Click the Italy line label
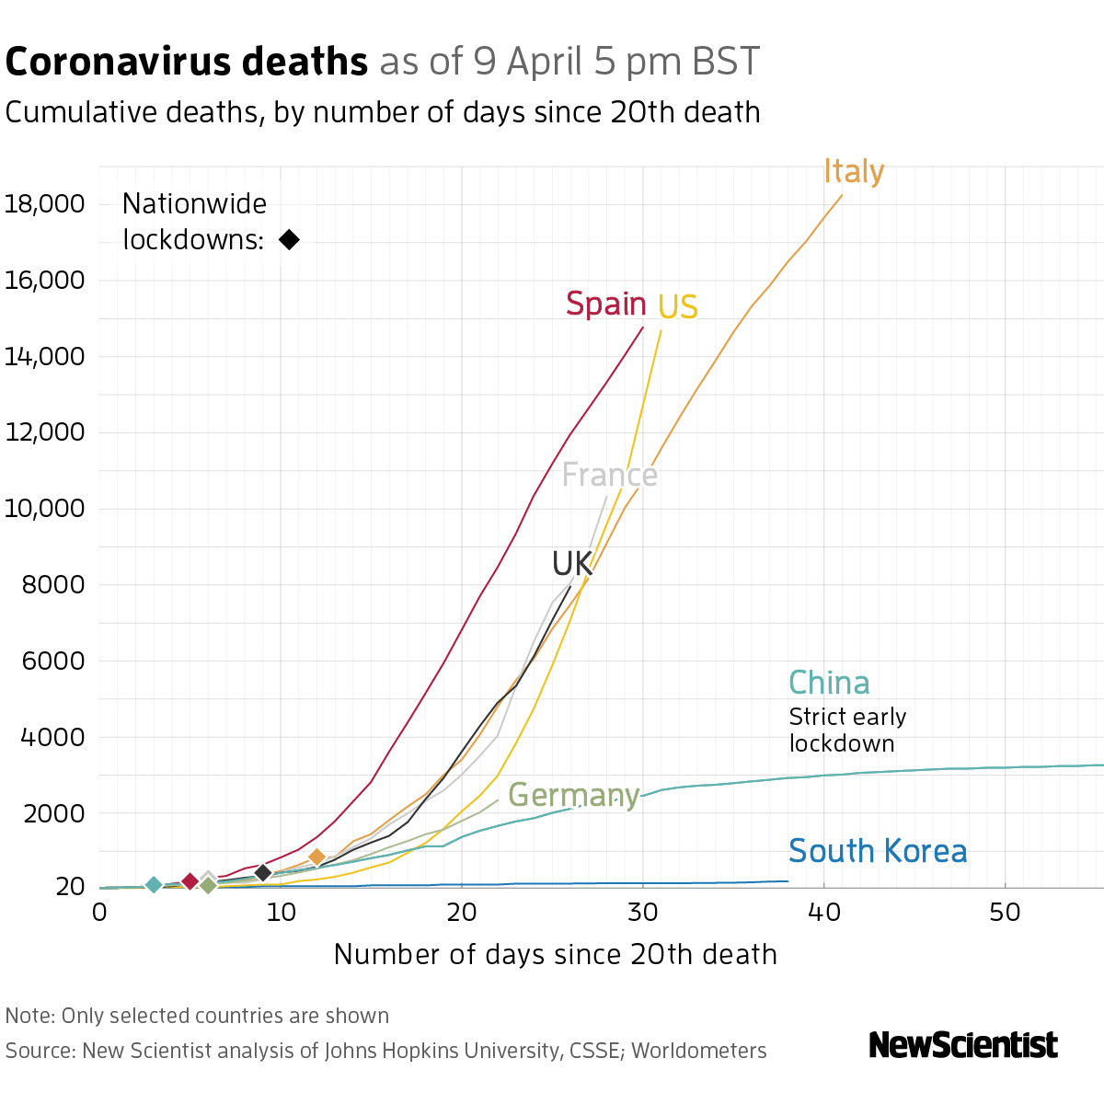pyautogui.click(x=854, y=172)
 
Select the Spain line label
pyautogui.click(x=605, y=304)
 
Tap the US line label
pyautogui.click(x=678, y=307)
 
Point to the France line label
pyautogui.click(x=609, y=475)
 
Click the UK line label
pyautogui.click(x=572, y=564)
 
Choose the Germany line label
pyautogui.click(x=573, y=795)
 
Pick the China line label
pyautogui.click(x=829, y=683)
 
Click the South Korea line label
pyautogui.click(x=878, y=851)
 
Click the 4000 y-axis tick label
pyautogui.click(x=51, y=737)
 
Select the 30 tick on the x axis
pyautogui.click(x=643, y=912)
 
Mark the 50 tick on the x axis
pyautogui.click(x=1006, y=912)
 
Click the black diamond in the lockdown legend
pyautogui.click(x=289, y=240)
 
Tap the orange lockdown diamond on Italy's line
pyautogui.click(x=316, y=857)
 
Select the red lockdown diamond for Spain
pyautogui.click(x=190, y=881)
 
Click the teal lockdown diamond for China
pyautogui.click(x=154, y=885)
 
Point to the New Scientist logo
pyautogui.click(x=963, y=1045)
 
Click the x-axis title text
pyautogui.click(x=555, y=954)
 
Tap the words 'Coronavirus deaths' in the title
pyautogui.click(x=186, y=62)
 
